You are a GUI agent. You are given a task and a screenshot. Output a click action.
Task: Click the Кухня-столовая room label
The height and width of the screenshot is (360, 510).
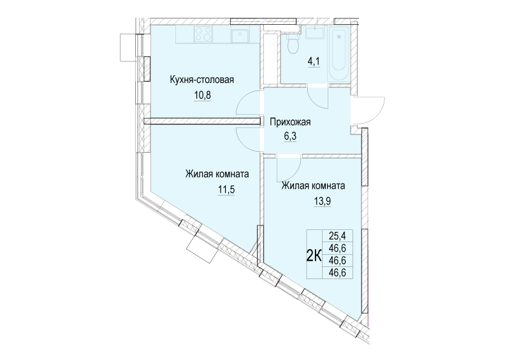[201, 80]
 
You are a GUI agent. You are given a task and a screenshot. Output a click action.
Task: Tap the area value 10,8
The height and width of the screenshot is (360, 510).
[203, 96]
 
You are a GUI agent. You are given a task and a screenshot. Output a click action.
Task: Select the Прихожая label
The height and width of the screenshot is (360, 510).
[291, 122]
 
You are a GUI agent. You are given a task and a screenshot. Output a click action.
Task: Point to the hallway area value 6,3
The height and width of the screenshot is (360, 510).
[290, 136]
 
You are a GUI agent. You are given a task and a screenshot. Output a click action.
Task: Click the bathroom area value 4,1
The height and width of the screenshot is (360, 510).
[314, 61]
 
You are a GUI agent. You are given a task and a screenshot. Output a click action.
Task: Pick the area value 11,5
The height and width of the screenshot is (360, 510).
[226, 189]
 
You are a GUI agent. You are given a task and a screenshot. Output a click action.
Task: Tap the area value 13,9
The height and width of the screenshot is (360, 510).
[322, 201]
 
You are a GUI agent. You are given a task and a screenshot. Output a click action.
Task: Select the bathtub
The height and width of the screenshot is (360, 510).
[339, 54]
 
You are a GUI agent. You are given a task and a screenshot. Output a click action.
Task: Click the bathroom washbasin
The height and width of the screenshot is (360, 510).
[314, 32]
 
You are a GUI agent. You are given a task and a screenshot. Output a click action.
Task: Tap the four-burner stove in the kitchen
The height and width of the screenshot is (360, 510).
[203, 34]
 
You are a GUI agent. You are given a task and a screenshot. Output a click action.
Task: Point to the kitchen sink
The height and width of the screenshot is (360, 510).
[240, 35]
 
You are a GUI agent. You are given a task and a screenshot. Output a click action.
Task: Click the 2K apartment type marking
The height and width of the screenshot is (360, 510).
[314, 257]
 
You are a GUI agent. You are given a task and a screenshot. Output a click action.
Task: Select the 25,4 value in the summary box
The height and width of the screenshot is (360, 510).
[337, 236]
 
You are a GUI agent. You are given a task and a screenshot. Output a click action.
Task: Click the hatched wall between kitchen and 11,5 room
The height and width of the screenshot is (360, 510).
[203, 121]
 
